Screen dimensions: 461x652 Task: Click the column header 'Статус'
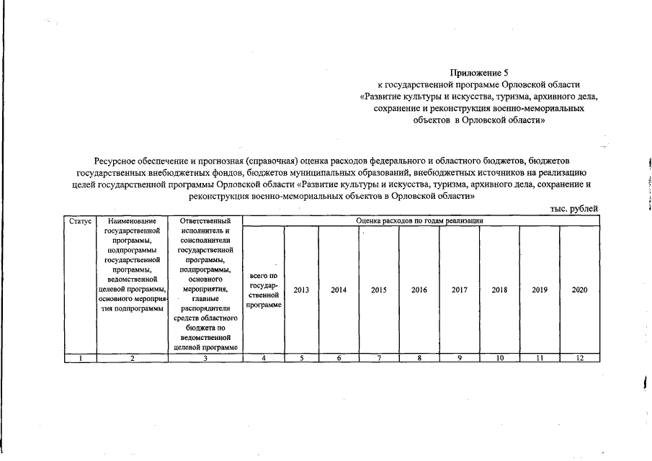click(x=79, y=220)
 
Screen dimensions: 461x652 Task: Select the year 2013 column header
click(x=301, y=290)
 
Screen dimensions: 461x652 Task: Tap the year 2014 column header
click(x=339, y=290)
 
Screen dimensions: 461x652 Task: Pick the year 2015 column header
click(x=379, y=290)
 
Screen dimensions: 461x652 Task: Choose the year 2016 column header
click(x=419, y=290)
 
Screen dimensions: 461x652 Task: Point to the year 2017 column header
click(x=460, y=290)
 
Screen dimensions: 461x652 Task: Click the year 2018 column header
click(x=499, y=290)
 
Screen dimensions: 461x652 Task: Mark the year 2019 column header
click(x=540, y=290)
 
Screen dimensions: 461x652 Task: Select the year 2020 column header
click(x=579, y=290)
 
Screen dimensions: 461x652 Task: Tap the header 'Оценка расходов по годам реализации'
click(x=420, y=220)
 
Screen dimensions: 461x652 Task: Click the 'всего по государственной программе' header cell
click(x=263, y=290)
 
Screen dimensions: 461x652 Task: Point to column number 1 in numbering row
click(x=79, y=358)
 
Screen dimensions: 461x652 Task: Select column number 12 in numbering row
click(x=579, y=358)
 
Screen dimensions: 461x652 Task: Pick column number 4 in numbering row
click(x=263, y=358)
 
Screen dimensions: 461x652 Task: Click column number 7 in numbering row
click(x=379, y=358)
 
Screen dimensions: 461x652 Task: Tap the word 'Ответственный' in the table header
click(x=205, y=220)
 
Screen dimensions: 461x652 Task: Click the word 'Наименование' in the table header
click(x=132, y=220)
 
